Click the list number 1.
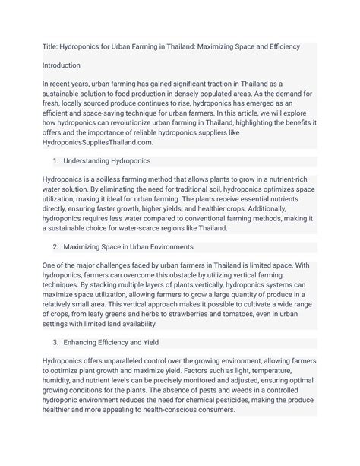pos(55,160)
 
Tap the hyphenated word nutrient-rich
pos(295,179)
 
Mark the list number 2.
pos(55,247)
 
